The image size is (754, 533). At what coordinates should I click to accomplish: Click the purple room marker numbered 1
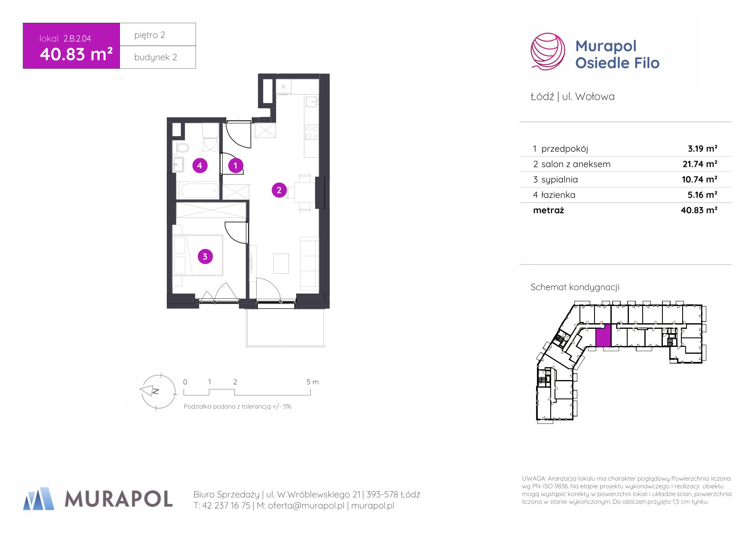236,165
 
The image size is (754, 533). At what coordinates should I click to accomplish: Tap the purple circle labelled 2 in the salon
279,190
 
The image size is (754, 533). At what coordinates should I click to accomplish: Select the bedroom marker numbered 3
205,257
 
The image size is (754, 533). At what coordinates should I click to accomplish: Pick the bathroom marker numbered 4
199,165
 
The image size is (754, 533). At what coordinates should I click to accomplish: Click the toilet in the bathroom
181,148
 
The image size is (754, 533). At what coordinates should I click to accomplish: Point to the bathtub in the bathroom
199,190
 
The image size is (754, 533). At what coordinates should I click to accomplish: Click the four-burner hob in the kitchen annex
312,132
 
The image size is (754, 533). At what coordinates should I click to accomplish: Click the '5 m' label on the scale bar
313,382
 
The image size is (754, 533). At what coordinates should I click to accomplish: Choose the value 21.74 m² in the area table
700,164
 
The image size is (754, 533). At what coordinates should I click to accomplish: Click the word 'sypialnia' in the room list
559,180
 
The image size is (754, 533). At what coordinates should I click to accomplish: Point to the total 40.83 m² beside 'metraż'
699,210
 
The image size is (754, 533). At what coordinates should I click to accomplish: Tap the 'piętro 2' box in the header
158,34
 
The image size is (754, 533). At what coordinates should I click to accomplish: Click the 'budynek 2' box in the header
158,57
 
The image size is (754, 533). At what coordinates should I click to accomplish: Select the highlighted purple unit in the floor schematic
603,336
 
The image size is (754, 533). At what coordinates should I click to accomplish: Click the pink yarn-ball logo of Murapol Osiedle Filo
548,52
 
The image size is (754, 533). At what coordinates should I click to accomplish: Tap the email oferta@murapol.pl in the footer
306,505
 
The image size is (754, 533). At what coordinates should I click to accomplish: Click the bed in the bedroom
198,255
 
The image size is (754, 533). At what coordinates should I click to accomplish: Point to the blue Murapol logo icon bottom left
39,499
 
